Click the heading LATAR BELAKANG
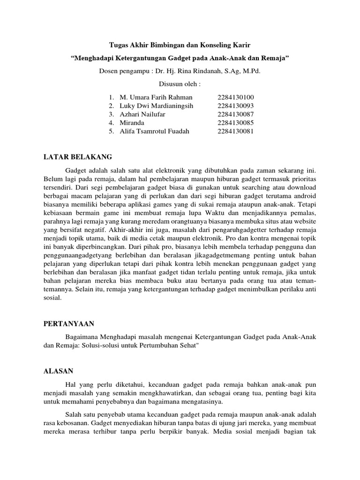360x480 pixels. (78, 157)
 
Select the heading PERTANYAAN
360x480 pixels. (69, 323)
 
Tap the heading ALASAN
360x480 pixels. (59, 371)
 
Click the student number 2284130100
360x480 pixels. (235, 97)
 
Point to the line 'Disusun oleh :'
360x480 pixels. (180, 84)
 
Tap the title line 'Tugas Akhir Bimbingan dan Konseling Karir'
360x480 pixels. (180, 45)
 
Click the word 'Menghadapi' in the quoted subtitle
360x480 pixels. (96, 59)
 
